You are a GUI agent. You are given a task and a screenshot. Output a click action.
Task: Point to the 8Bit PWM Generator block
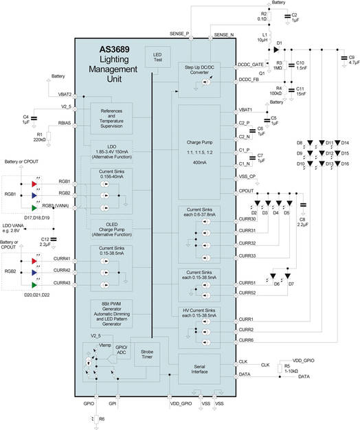[115, 314]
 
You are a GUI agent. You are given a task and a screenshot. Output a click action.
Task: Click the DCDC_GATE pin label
[249, 64]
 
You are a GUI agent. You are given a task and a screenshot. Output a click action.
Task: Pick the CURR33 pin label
[247, 256]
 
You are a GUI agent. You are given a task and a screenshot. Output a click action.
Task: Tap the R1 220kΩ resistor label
[40, 137]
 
